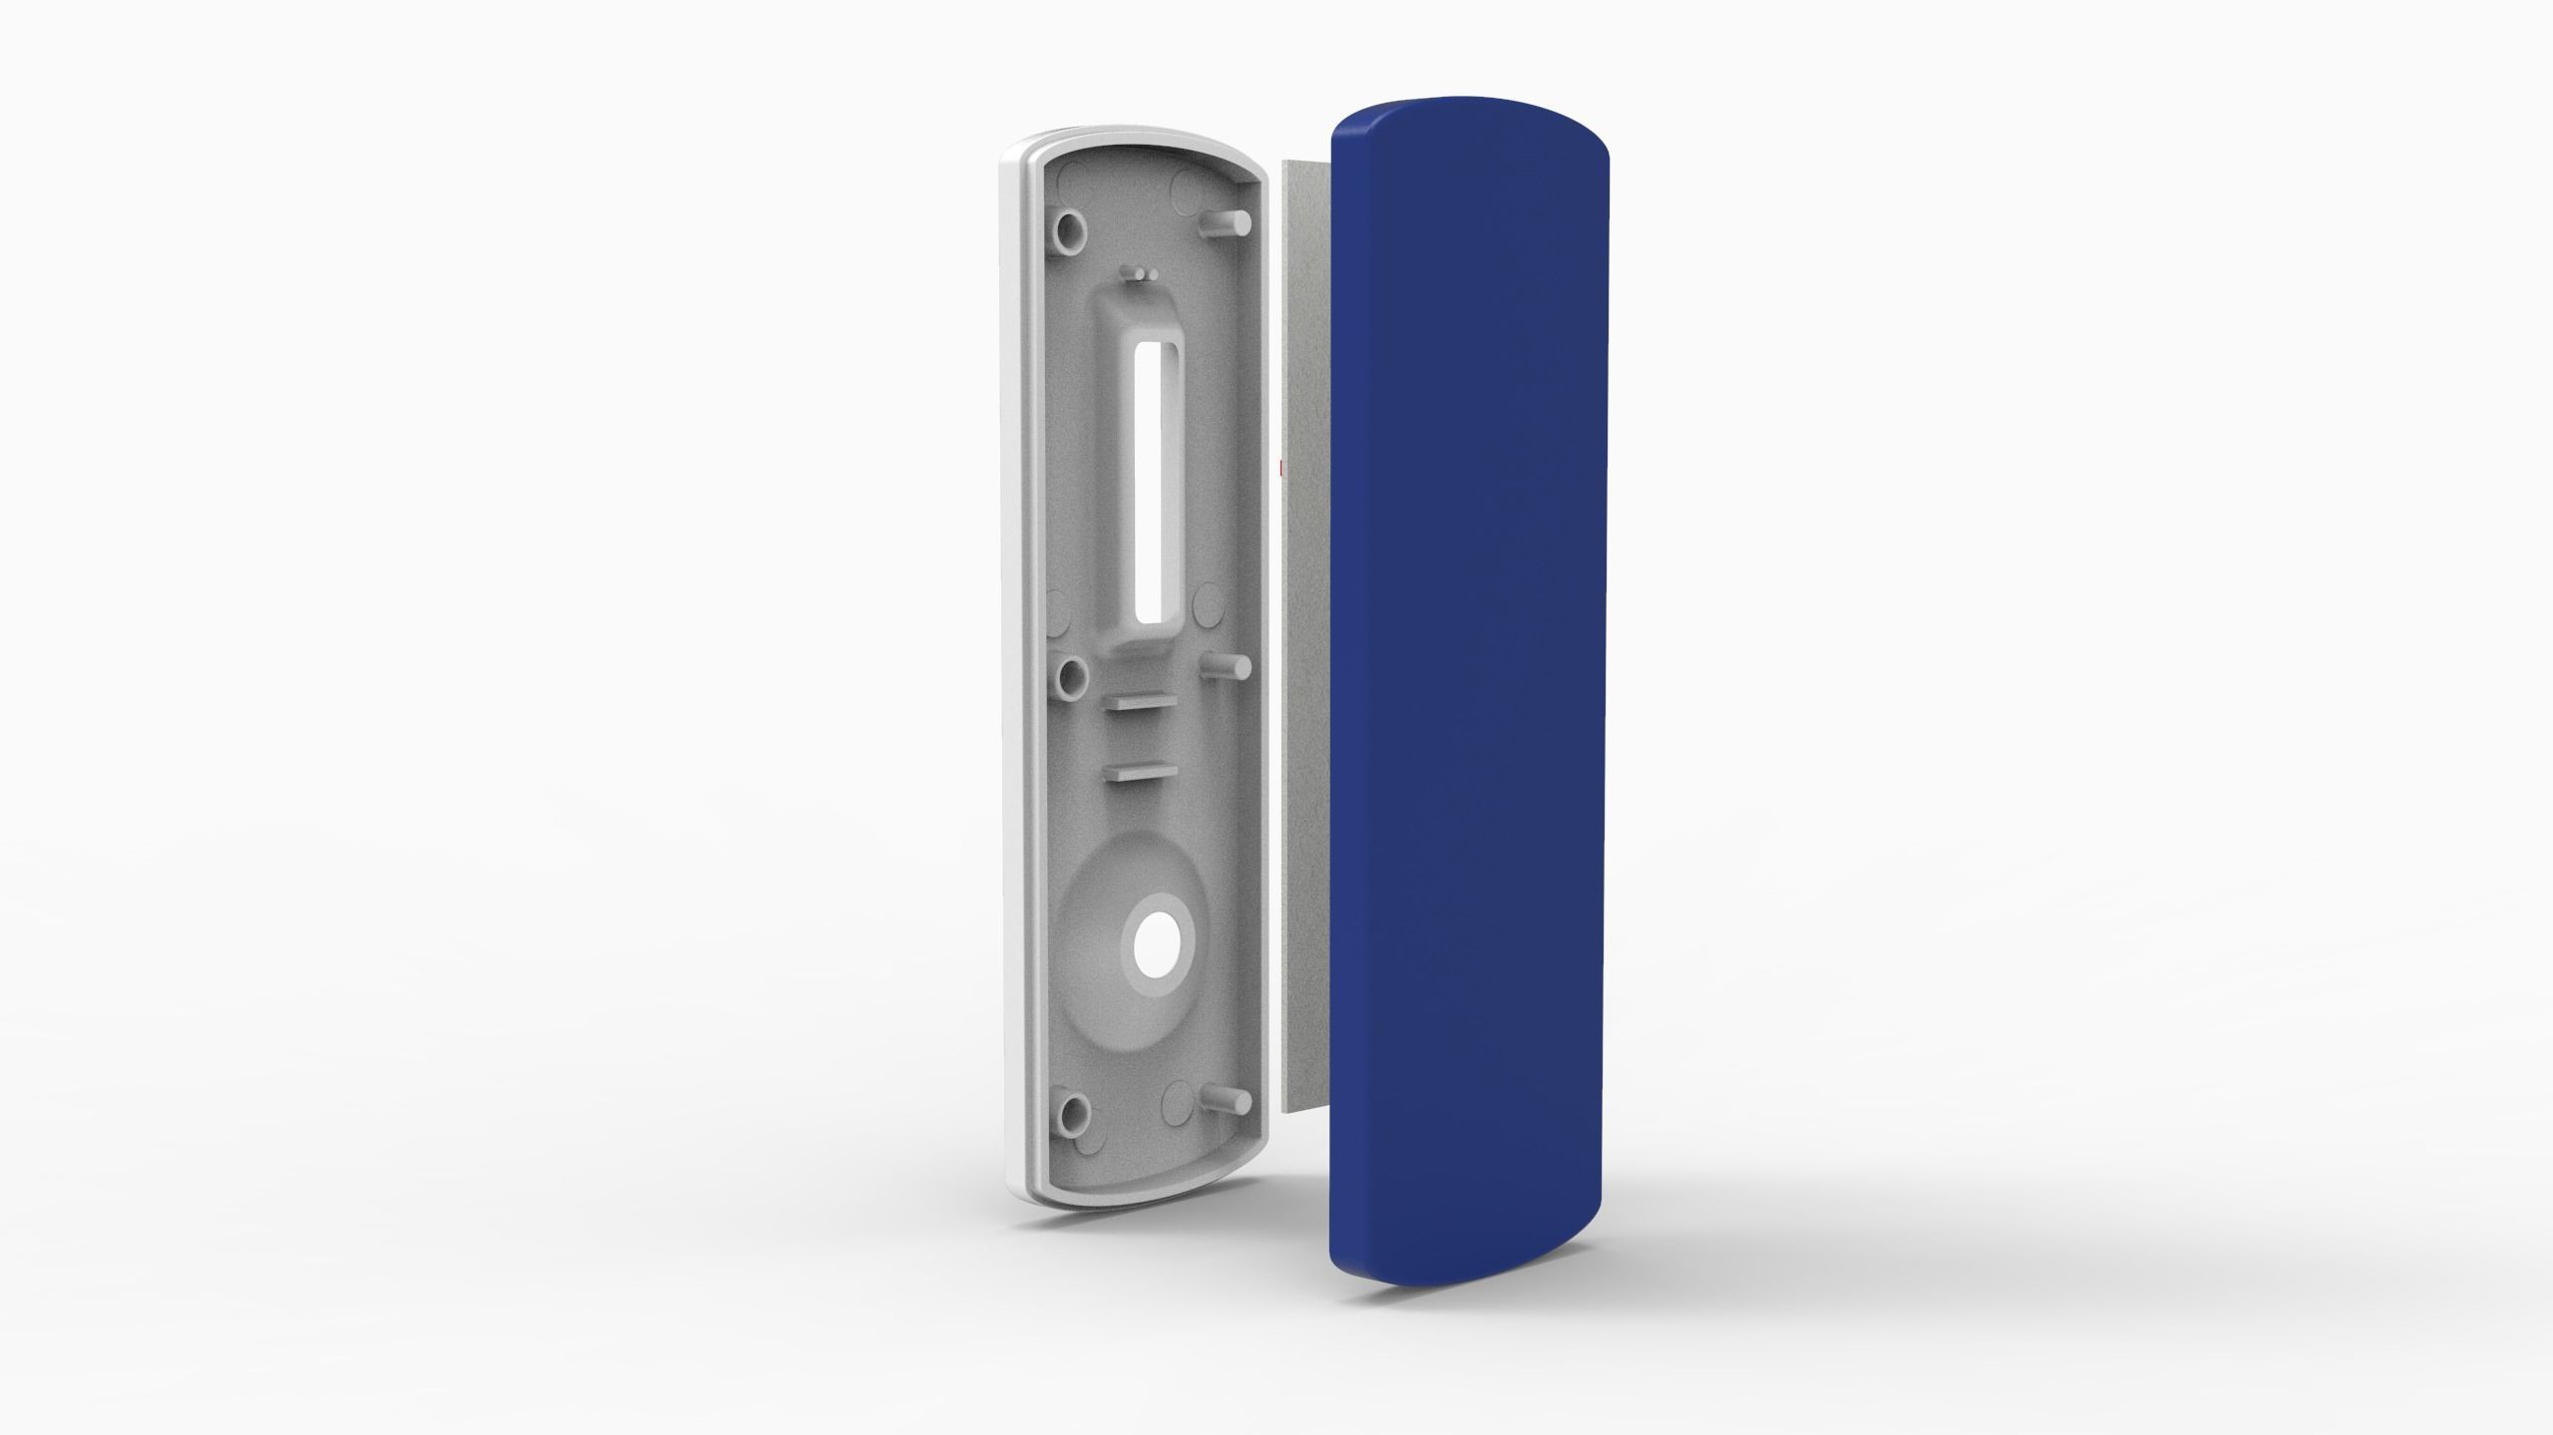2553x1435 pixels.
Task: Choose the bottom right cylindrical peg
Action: coord(1227,1096)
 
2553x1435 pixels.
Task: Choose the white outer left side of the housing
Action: coord(1010,698)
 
